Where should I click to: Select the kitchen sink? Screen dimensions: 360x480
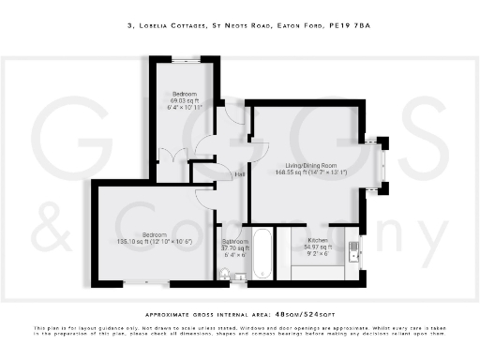click(x=353, y=250)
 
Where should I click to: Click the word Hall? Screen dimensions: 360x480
click(x=240, y=174)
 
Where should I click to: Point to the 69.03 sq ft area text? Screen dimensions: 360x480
click(x=184, y=101)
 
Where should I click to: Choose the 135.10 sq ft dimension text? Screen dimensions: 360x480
click(x=154, y=241)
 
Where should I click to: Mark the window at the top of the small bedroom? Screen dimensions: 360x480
click(x=184, y=60)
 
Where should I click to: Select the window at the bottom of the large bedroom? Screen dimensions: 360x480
click(x=142, y=281)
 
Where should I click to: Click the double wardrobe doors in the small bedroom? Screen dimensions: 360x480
click(x=173, y=155)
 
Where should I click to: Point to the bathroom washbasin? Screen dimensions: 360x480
click(x=238, y=275)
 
